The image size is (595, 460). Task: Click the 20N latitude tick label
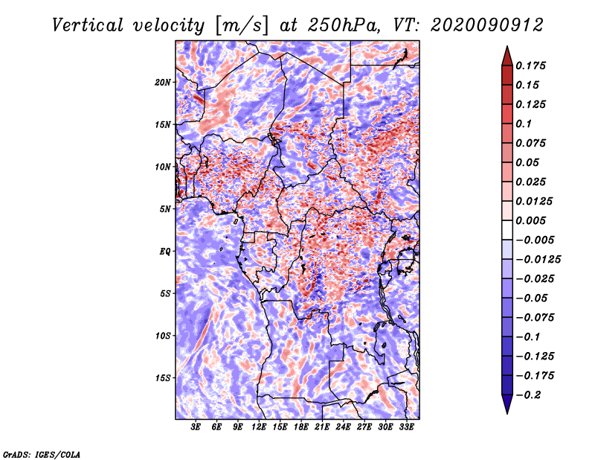pos(163,83)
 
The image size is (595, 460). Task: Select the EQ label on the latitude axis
pos(165,252)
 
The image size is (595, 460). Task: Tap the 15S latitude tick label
pos(163,378)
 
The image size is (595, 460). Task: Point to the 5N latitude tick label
pos(165,209)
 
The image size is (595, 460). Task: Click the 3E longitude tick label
pos(196,427)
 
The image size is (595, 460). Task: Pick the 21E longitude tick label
pos(322,427)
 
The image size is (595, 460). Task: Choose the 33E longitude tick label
pos(406,427)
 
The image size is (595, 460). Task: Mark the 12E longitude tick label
pos(259,427)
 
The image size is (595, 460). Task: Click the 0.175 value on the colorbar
pos(530,66)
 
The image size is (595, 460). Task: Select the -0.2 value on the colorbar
pos(528,395)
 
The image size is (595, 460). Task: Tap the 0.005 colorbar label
pos(530,220)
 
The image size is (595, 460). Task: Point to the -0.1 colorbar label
pos(528,337)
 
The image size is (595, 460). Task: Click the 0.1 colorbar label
pos(524,124)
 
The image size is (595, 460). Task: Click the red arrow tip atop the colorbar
pos(507,46)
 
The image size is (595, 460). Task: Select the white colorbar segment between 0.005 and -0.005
pos(507,230)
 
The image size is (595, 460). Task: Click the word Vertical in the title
pos(88,25)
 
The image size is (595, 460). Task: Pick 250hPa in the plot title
pos(343,25)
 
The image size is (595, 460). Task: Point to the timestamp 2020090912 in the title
pos(487,25)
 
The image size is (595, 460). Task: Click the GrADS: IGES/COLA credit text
pos(42,454)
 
